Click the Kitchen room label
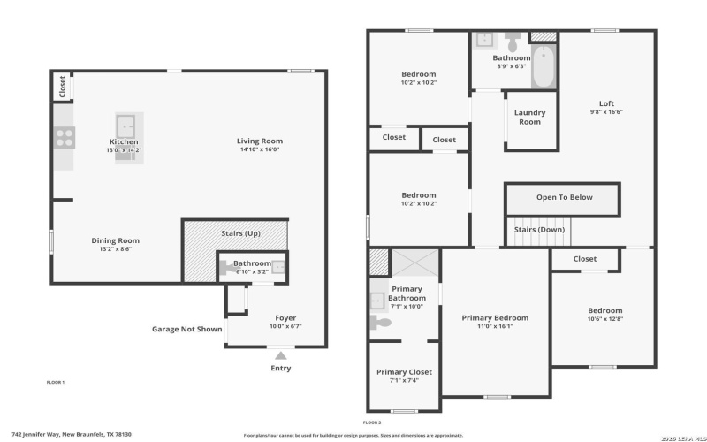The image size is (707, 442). tap(124, 141)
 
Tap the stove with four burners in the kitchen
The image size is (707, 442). tap(65, 137)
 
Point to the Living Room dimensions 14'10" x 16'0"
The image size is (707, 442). tap(259, 149)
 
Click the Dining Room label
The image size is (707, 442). tap(116, 240)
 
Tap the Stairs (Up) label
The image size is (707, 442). tap(239, 233)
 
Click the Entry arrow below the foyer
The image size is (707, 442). tap(280, 354)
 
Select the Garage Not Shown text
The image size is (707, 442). tap(186, 329)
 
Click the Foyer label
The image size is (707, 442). tap(285, 317)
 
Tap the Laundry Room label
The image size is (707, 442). tap(530, 118)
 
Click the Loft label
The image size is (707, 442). tap(606, 103)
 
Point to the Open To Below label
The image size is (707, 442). tap(564, 197)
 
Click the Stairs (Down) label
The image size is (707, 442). tap(539, 230)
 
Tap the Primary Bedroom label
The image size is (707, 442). tap(495, 317)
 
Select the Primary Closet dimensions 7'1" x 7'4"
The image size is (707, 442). tap(403, 380)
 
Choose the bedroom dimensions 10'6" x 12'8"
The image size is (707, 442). tap(604, 320)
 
